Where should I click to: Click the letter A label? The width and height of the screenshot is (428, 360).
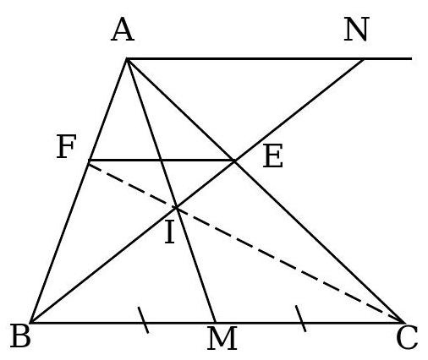click(123, 30)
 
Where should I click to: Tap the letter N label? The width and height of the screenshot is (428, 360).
click(356, 29)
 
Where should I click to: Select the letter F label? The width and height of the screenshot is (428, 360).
click(66, 146)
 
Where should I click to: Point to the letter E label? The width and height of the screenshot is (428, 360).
click(272, 155)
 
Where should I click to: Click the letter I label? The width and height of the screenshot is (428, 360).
click(170, 232)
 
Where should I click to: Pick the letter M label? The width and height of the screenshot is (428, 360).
click(222, 338)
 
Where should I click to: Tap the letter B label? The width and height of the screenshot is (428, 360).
click(20, 335)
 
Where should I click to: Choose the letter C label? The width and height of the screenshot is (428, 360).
click(407, 337)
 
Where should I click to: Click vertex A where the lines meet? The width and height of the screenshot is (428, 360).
click(127, 59)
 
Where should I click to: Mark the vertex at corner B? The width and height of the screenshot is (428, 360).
click(31, 322)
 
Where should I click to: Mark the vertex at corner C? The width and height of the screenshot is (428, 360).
click(403, 322)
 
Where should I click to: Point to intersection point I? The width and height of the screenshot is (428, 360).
click(176, 208)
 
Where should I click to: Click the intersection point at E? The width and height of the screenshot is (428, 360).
click(234, 161)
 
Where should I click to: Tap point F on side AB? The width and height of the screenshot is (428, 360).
click(89, 161)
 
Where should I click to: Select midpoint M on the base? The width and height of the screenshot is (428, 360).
click(216, 322)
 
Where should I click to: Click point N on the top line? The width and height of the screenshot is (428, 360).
click(364, 59)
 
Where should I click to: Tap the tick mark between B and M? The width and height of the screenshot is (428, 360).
click(143, 320)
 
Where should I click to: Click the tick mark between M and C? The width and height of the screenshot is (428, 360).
click(300, 319)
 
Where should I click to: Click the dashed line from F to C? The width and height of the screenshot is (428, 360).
click(246, 243)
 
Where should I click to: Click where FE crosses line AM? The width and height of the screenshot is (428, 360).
click(161, 161)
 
